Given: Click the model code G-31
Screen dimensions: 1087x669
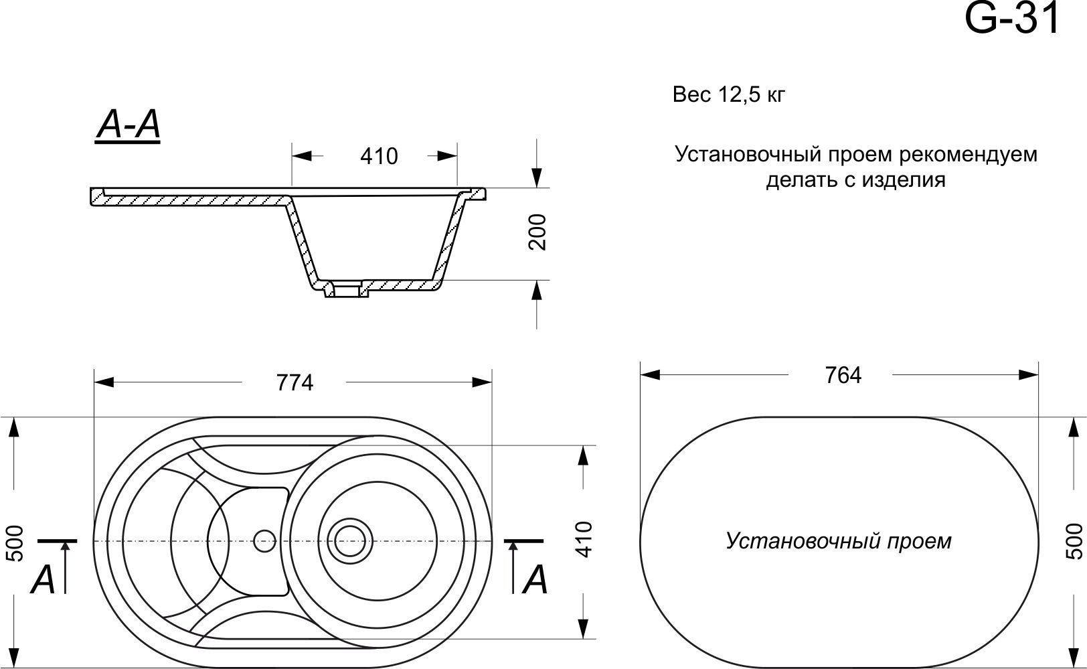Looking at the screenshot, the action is (1011, 19).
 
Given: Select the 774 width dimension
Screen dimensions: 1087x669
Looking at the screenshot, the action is (295, 382).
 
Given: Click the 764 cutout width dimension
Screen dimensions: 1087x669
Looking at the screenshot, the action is (843, 375).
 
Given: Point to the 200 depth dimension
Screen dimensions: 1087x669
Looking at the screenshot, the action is (538, 232).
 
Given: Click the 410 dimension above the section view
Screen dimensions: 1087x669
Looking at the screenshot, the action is (379, 156).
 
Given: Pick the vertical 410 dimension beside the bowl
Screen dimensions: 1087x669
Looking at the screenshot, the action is (584, 539).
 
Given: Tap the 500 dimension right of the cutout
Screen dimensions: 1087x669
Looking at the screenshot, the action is (1073, 540).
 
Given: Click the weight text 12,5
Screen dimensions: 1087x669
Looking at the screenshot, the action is (739, 95).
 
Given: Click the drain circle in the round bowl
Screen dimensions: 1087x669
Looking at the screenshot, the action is (349, 540).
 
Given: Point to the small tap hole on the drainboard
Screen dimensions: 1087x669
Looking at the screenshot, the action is (265, 540).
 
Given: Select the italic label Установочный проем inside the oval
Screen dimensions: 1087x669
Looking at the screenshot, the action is (838, 540).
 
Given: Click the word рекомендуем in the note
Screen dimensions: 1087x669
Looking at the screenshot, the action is (968, 154).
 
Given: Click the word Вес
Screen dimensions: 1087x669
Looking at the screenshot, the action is (691, 95).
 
